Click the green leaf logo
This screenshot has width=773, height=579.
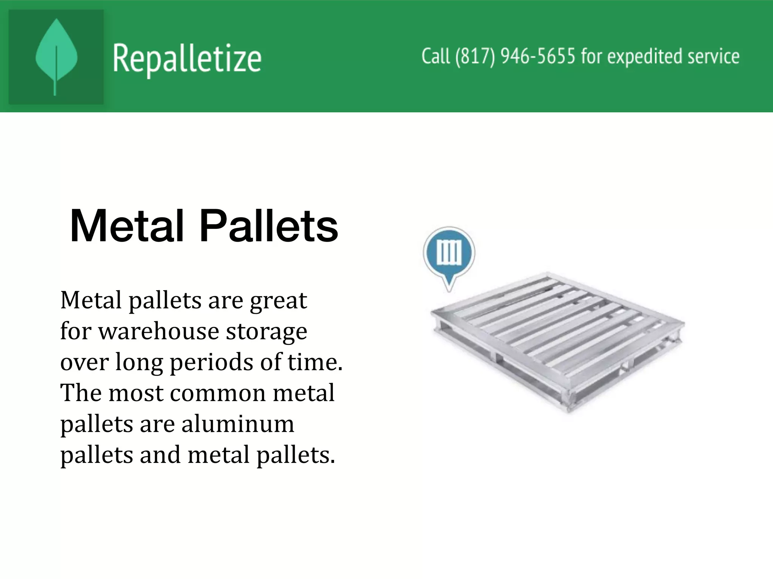(56, 57)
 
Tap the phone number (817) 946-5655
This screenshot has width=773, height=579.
(515, 57)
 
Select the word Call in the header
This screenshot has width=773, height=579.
(436, 57)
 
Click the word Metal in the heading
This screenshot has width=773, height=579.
(127, 227)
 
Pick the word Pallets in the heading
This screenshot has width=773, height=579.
(268, 227)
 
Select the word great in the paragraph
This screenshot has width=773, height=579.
(278, 301)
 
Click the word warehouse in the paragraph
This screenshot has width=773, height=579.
(159, 331)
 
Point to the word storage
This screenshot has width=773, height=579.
(266, 332)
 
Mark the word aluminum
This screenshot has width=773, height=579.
(237, 424)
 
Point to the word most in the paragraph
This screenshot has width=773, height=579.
(136, 393)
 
